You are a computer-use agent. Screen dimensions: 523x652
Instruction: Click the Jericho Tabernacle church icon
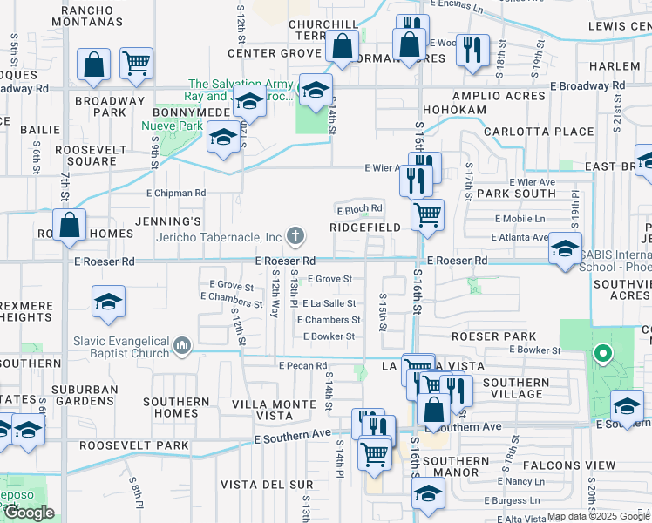point(296,234)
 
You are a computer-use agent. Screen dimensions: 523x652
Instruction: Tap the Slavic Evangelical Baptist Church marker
point(182,346)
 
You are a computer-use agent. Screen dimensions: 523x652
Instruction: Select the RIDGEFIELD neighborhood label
point(364,227)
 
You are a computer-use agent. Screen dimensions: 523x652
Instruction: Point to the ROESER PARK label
point(487,336)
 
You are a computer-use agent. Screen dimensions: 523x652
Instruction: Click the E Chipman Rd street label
point(176,193)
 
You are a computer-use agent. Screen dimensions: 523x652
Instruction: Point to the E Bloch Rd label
point(360,208)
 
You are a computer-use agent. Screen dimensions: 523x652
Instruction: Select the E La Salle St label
point(329,303)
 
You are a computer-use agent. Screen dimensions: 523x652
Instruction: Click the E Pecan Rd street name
point(302,366)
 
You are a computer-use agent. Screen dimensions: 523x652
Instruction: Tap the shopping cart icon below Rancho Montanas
point(136,64)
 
